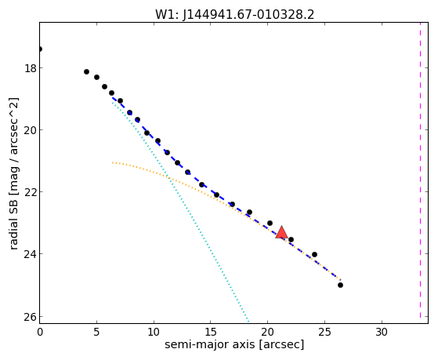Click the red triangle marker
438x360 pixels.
point(281,232)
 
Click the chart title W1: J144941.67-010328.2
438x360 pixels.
point(234,15)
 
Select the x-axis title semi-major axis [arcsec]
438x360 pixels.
point(234,344)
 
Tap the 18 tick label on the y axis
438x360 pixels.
point(31,68)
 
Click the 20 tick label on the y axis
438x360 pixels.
point(31,130)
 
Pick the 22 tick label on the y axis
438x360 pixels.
point(31,192)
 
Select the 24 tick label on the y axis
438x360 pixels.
point(31,254)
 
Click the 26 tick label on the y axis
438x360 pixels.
point(31,317)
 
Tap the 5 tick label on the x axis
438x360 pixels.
point(96,332)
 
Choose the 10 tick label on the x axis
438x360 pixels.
point(154,332)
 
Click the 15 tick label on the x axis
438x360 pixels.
point(211,332)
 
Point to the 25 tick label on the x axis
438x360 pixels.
point(324,332)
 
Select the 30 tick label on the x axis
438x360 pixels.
point(382,332)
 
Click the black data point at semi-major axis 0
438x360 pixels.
point(40,49)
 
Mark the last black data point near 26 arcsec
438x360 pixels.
point(340,285)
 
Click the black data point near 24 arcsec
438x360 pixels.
point(314,254)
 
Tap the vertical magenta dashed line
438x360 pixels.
point(420,170)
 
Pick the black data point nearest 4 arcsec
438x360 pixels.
point(87,72)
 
